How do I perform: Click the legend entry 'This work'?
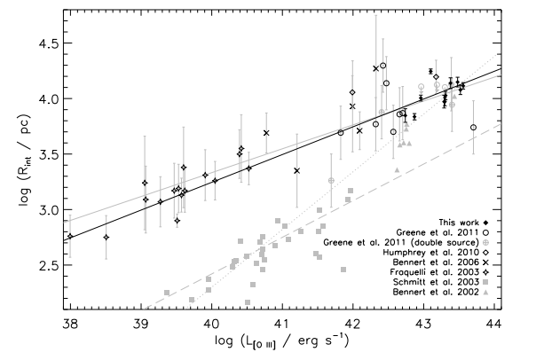[x=448, y=220]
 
